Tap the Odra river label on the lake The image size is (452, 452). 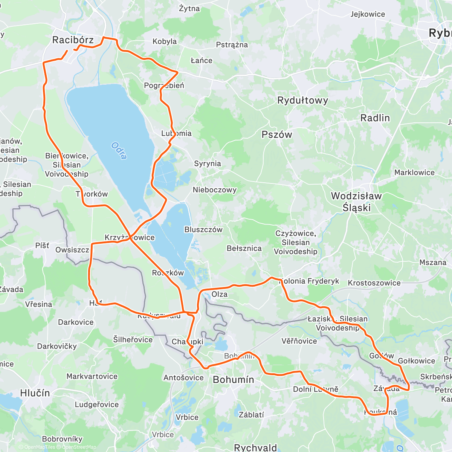119,150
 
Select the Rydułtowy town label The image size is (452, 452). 302,101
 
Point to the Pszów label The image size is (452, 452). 277,135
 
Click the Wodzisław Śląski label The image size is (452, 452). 356,202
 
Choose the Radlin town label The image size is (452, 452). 375,118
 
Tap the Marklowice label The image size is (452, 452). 414,173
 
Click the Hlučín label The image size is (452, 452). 35,393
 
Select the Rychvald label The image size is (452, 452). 255,447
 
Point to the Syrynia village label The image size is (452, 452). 207,163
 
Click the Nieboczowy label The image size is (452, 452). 214,190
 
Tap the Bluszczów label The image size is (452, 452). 203,229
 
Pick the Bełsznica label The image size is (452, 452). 244,248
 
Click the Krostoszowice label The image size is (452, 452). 374,283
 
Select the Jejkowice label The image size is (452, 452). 368,14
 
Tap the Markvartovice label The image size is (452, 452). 92,376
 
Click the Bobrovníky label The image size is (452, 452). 62,439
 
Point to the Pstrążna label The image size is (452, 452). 232,45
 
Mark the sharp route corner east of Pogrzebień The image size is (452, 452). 177,71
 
